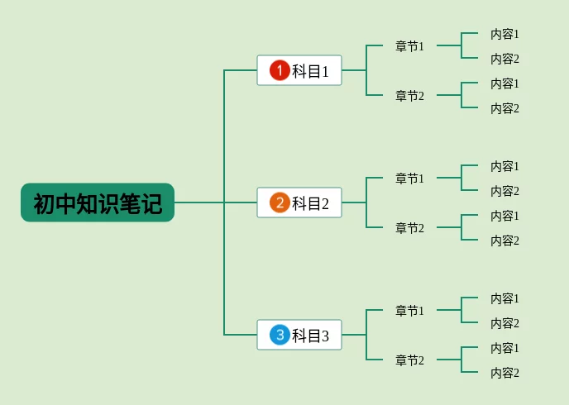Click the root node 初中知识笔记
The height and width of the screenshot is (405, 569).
coord(98,202)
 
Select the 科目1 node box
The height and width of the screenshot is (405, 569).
coord(299,70)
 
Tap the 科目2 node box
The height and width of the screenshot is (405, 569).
coord(299,202)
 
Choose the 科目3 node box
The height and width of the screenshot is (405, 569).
coord(299,335)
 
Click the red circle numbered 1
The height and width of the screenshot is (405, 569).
coord(280,70)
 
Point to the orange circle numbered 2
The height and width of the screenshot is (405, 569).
coord(280,202)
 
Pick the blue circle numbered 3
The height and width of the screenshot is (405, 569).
coord(280,335)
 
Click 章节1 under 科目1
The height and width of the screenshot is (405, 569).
coord(409,46)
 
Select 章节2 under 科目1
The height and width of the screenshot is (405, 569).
coord(409,96)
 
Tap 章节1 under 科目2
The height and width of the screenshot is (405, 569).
coord(409,179)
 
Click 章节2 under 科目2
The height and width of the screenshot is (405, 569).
coord(409,228)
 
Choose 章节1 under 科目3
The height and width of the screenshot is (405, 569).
coord(409,311)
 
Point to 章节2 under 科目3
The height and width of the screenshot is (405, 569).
coord(409,360)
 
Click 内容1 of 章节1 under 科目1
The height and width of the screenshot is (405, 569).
coord(504,34)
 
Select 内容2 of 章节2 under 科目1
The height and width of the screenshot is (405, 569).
coord(504,108)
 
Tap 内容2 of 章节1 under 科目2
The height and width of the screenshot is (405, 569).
coord(504,191)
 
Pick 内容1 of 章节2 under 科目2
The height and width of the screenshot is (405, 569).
coord(504,216)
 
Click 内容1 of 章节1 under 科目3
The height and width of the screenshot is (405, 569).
coord(504,298)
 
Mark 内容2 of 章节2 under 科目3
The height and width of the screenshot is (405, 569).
coord(504,373)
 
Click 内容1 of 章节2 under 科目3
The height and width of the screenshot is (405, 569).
coord(504,348)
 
